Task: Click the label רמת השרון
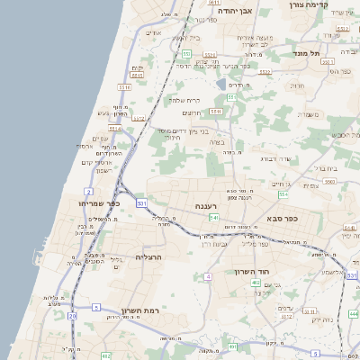tap(139, 310)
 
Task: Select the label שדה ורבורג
tap(273, 159)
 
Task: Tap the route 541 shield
tap(213, 217)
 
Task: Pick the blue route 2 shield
tap(88, 191)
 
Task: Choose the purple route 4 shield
tap(207, 276)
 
